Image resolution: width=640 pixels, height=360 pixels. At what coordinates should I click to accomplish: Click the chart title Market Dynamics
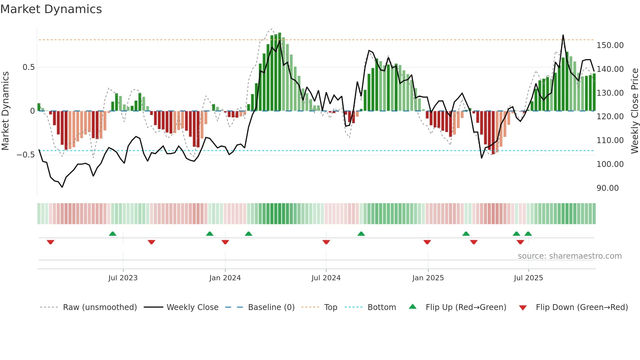click(x=51, y=9)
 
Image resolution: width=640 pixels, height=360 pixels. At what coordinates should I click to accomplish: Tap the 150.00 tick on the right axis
click(x=610, y=45)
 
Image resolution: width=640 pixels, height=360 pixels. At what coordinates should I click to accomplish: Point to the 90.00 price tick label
click(x=607, y=188)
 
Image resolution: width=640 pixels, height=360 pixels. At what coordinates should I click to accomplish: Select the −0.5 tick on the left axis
click(x=25, y=155)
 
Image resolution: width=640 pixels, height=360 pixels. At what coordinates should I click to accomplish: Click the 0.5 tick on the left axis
click(x=28, y=67)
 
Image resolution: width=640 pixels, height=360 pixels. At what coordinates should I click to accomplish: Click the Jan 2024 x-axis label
click(x=225, y=278)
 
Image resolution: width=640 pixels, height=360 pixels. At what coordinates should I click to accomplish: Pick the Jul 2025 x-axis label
click(x=528, y=278)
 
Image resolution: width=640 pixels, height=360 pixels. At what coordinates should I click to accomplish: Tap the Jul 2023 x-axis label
click(x=123, y=278)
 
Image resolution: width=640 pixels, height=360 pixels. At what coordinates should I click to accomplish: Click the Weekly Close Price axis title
click(x=634, y=111)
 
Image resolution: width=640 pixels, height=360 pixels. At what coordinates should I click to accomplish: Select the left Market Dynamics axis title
click(x=5, y=111)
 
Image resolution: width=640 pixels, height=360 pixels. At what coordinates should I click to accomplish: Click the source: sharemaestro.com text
click(x=569, y=256)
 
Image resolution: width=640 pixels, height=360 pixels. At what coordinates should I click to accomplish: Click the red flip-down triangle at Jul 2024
click(x=326, y=242)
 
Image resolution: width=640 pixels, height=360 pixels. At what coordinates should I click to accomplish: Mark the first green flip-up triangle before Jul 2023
click(x=113, y=234)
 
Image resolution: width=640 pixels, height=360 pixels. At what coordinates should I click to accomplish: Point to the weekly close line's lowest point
click(x=62, y=187)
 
